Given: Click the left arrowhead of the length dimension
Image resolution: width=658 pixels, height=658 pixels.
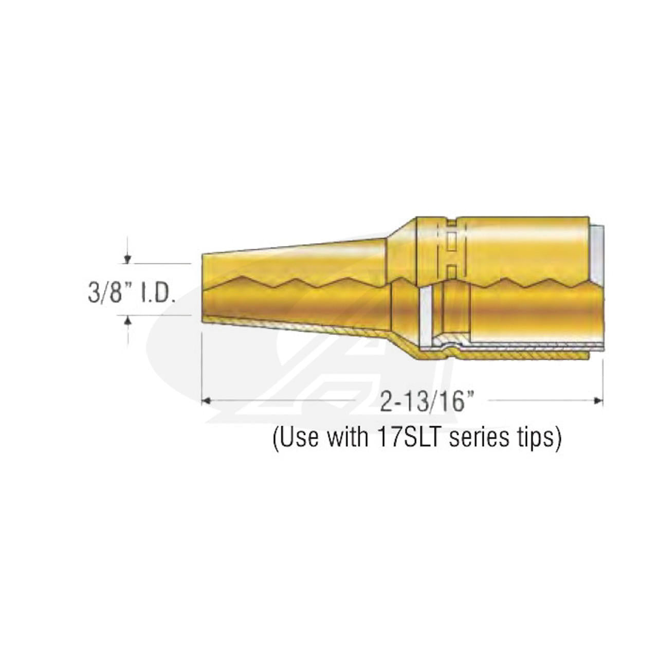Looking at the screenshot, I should pos(206,400).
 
